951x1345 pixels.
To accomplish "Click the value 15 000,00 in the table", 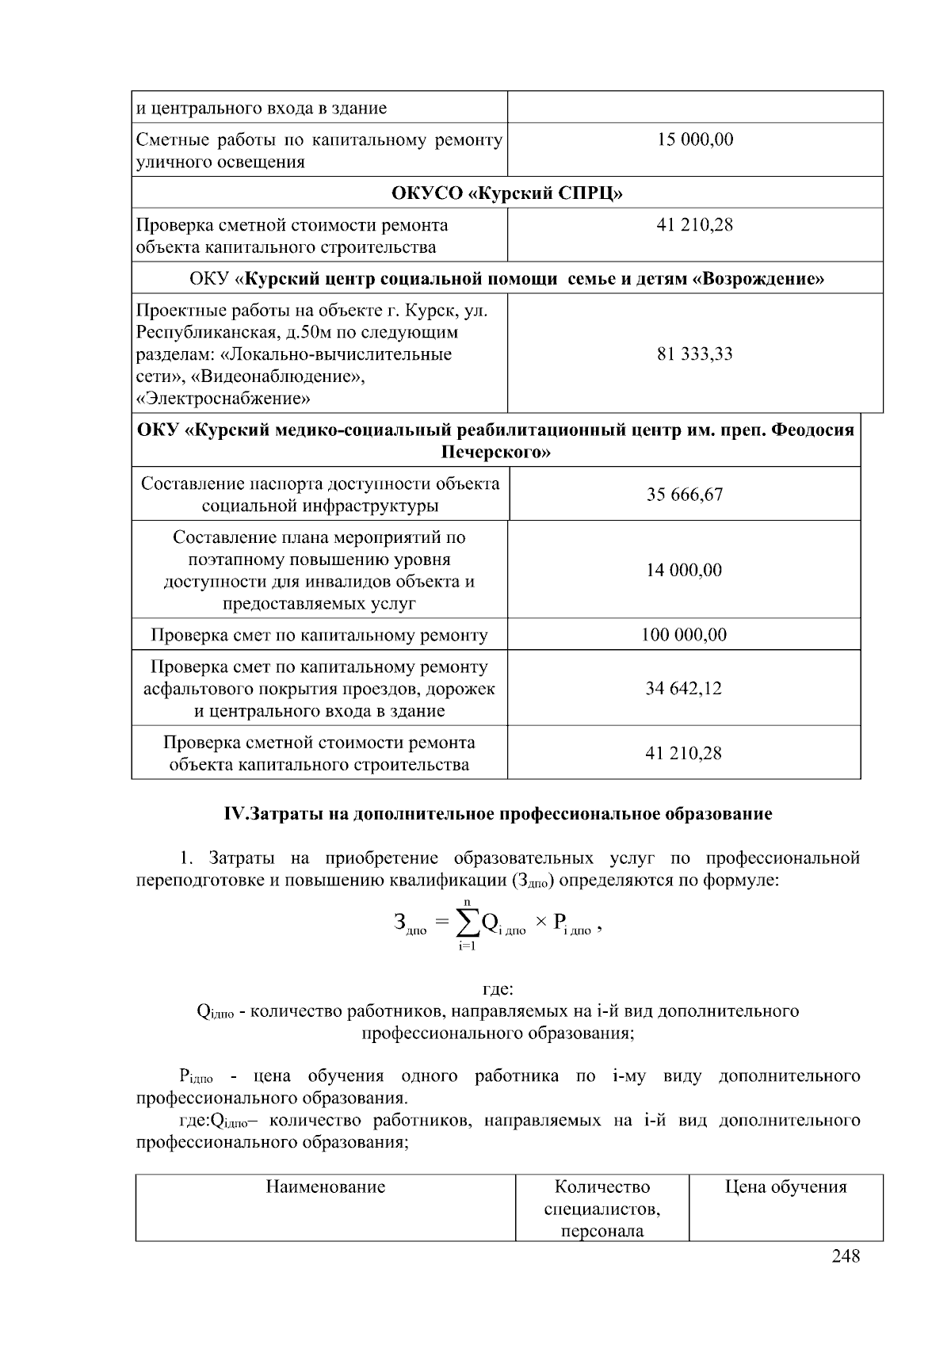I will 695,139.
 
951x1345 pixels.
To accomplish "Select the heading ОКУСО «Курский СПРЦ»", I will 507,193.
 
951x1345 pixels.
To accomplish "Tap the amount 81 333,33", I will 695,353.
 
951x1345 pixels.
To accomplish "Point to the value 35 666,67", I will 685,495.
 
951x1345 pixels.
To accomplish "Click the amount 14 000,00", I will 685,570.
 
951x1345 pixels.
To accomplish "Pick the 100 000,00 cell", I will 685,635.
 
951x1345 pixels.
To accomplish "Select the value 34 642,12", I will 685,688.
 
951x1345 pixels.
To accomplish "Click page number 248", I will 846,1256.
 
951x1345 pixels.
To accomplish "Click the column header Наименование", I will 325,1186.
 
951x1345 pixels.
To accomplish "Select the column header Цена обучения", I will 785,1186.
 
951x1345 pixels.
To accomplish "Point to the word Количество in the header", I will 602,1186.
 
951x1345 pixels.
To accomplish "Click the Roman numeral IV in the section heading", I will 235,814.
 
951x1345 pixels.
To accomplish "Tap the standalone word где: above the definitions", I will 498,989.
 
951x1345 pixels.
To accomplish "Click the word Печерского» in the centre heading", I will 496,453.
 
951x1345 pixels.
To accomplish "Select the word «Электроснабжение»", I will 223,399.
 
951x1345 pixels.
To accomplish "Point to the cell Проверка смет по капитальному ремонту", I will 319,635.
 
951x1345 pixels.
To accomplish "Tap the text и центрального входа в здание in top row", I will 262,108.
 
